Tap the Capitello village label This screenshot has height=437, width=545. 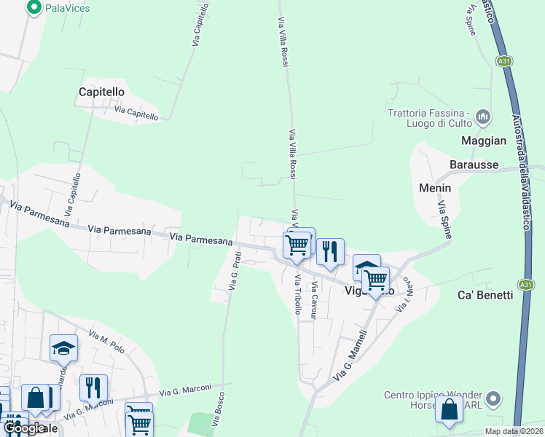[x=102, y=92]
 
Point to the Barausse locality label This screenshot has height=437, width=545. [x=474, y=165]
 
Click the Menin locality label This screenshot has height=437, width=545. [x=435, y=188]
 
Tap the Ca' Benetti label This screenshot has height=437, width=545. [x=485, y=295]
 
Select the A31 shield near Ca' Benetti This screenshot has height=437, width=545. [x=526, y=284]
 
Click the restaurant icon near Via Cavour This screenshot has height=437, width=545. [x=330, y=251]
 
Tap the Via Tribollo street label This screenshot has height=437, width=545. [x=298, y=294]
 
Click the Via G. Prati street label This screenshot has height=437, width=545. [x=235, y=271]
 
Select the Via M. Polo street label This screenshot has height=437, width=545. [x=106, y=342]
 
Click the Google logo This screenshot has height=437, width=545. [x=24, y=428]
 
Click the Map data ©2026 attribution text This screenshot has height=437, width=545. [x=513, y=431]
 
